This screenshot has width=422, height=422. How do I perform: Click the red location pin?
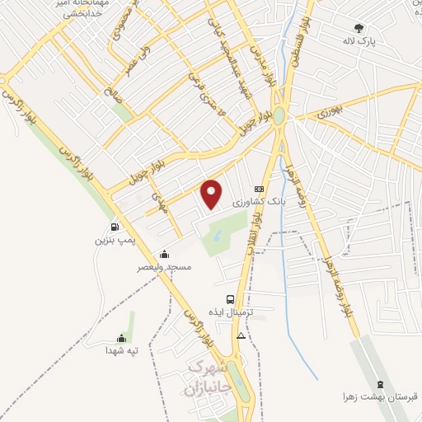pos(213,194)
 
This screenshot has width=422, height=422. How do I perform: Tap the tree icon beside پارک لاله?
pos(357,27)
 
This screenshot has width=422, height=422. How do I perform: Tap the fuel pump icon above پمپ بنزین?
pos(112,227)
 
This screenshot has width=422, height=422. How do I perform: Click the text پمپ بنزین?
pos(112,241)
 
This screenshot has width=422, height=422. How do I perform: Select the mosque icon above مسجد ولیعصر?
pos(165,254)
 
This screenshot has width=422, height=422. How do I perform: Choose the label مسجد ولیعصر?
pos(166,267)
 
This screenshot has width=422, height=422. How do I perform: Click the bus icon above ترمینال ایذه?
pos(230,300)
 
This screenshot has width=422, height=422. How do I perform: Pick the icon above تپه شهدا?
pos(122,337)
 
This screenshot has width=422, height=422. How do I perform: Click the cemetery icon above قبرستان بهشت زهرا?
pos(380,383)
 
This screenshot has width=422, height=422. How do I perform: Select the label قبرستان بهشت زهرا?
pos(381,396)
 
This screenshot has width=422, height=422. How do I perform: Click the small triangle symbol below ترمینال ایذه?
pos(241,336)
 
